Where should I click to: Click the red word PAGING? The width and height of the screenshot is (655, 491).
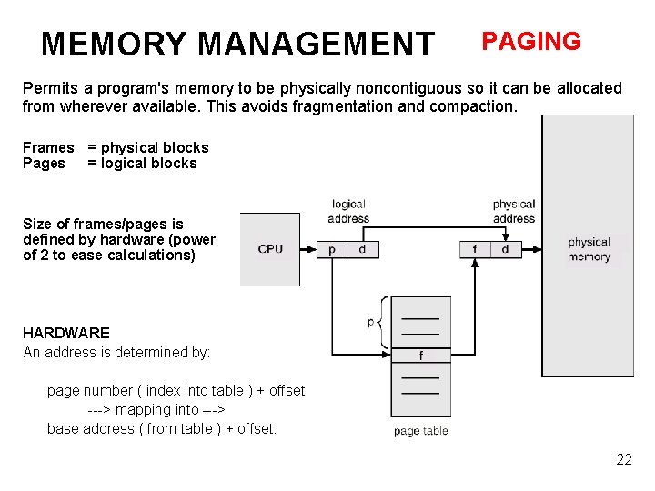(530, 42)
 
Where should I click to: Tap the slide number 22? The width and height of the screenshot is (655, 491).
(623, 459)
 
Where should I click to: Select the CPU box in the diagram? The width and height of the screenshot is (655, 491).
(270, 249)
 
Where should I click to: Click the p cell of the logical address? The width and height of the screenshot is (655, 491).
(332, 249)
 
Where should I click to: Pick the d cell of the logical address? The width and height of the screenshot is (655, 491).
(362, 249)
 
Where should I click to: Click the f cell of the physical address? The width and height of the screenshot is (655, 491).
(474, 249)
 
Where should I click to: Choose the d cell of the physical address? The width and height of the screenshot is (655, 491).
(505, 249)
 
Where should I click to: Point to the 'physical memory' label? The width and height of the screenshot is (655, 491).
(589, 249)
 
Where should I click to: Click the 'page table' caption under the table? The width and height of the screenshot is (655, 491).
(420, 431)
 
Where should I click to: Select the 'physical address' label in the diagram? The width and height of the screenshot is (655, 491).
(513, 212)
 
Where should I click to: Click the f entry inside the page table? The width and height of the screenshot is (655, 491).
(420, 356)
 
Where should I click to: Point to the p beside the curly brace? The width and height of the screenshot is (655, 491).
(370, 322)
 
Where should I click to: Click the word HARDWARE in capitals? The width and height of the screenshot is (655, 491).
(65, 333)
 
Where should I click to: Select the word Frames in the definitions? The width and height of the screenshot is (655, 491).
(48, 147)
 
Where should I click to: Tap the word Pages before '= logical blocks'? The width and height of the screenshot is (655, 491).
(44, 164)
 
